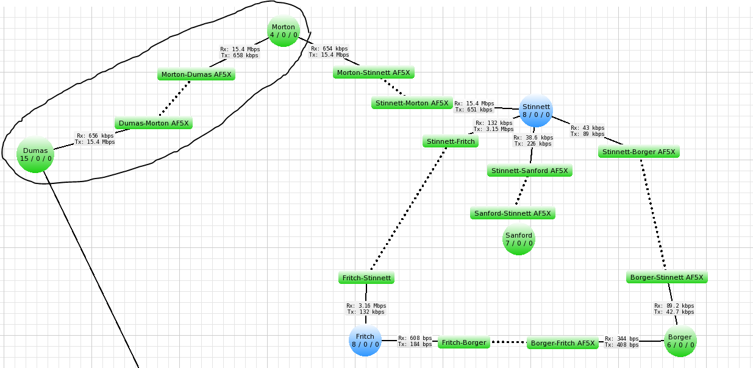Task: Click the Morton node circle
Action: point(284,31)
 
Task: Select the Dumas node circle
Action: point(35,155)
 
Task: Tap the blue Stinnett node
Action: point(536,111)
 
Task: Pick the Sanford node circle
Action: point(519,239)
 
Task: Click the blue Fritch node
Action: point(365,340)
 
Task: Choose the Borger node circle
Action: point(680,341)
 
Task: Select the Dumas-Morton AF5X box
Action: point(154,123)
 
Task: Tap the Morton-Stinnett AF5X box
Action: point(374,73)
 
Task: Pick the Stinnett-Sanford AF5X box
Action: point(530,171)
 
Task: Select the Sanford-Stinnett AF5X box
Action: point(513,213)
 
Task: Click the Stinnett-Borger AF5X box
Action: point(639,152)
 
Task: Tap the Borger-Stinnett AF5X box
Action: point(667,277)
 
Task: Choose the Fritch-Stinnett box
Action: point(366,278)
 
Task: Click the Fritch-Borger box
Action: point(464,342)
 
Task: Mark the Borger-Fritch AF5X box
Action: point(563,343)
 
